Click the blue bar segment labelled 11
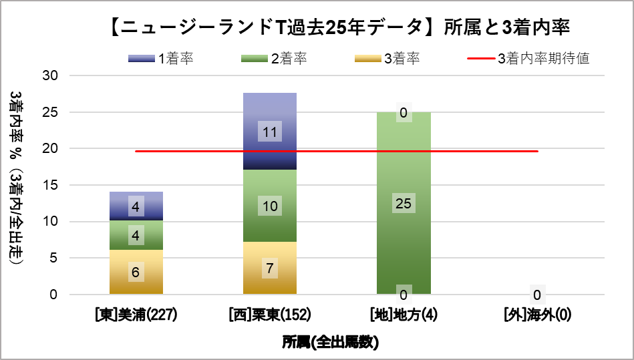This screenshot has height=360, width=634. click(x=270, y=132)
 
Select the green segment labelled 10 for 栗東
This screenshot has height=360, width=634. click(x=270, y=206)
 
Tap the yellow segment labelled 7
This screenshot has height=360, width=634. click(x=270, y=268)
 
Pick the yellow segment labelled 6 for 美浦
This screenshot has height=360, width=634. click(x=136, y=272)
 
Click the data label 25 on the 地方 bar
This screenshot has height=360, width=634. click(x=404, y=204)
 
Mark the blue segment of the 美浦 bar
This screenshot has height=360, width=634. click(x=136, y=206)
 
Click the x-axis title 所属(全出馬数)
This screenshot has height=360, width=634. click(x=330, y=343)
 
